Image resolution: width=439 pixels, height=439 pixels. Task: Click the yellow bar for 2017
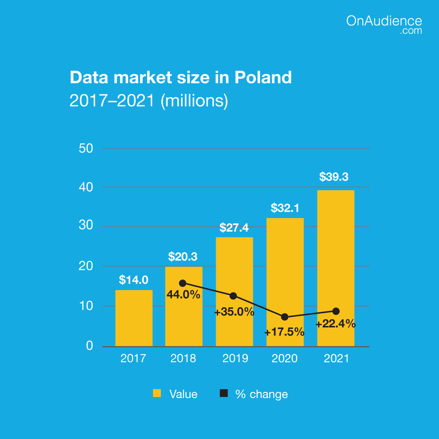[x=134, y=318]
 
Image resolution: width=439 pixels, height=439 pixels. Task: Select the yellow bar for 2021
[x=335, y=256]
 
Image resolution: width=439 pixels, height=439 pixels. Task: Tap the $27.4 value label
[x=234, y=228]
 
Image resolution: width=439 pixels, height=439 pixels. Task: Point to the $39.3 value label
[x=334, y=177]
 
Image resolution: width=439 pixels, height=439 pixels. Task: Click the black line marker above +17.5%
[x=285, y=317]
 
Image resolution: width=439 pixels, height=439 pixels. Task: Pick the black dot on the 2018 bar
[x=183, y=283]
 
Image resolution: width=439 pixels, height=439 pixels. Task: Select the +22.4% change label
[x=335, y=324]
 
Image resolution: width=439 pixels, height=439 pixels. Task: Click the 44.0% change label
[x=183, y=294]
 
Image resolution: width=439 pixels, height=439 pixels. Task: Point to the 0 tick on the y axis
[x=90, y=346]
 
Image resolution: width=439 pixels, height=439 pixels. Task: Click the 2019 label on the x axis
[x=235, y=359]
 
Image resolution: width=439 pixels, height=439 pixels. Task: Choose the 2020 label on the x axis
[x=285, y=359]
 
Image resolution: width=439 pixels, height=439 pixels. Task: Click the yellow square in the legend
[x=157, y=393]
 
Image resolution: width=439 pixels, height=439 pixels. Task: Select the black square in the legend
[x=224, y=393]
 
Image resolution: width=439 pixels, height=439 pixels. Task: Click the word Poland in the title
[x=263, y=78]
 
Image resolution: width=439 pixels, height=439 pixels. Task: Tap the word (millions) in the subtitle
[x=194, y=101]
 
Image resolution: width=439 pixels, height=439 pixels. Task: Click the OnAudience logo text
[x=384, y=21]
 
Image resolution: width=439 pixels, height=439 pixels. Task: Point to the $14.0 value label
[x=134, y=280]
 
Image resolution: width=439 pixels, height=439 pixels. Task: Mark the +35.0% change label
[x=234, y=312]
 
